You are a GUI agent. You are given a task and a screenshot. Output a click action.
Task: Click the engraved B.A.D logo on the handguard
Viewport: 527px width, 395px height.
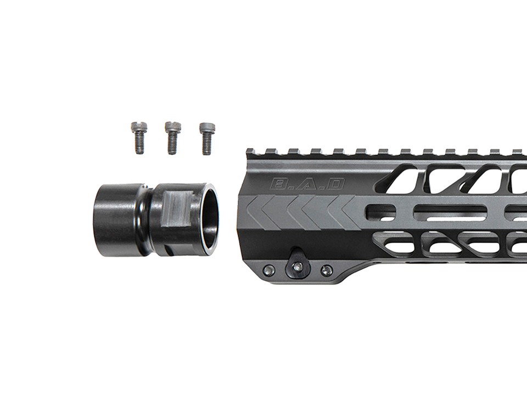(x=307, y=185)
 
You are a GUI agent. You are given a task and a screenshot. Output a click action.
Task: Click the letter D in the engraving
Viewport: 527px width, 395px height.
(x=334, y=185)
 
